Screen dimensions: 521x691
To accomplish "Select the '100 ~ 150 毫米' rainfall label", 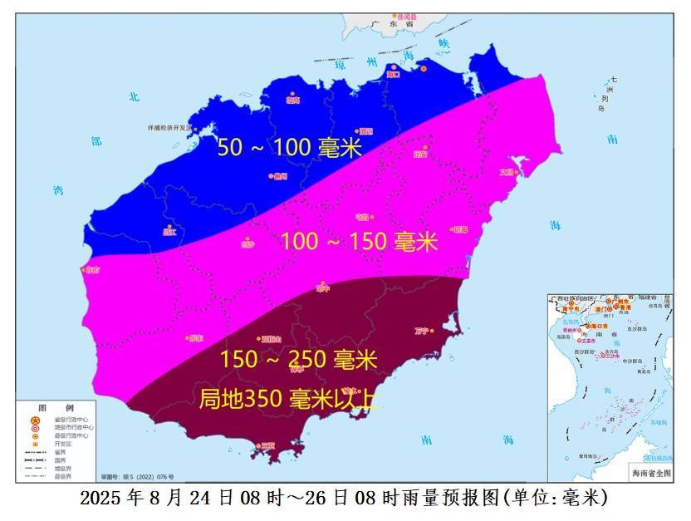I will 359,242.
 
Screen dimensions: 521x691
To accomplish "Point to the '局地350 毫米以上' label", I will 289,399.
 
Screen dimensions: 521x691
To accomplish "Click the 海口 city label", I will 395,75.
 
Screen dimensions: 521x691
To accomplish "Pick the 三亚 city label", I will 267,446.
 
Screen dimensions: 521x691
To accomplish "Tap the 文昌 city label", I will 507,173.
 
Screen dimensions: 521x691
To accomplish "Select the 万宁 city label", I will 420,331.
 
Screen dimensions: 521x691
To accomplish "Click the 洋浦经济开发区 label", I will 169,128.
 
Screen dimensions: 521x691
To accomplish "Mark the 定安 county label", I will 419,153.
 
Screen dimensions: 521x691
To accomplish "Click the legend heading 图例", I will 57,407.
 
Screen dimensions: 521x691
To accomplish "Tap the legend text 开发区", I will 61,444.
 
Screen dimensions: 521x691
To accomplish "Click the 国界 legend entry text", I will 57,460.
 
